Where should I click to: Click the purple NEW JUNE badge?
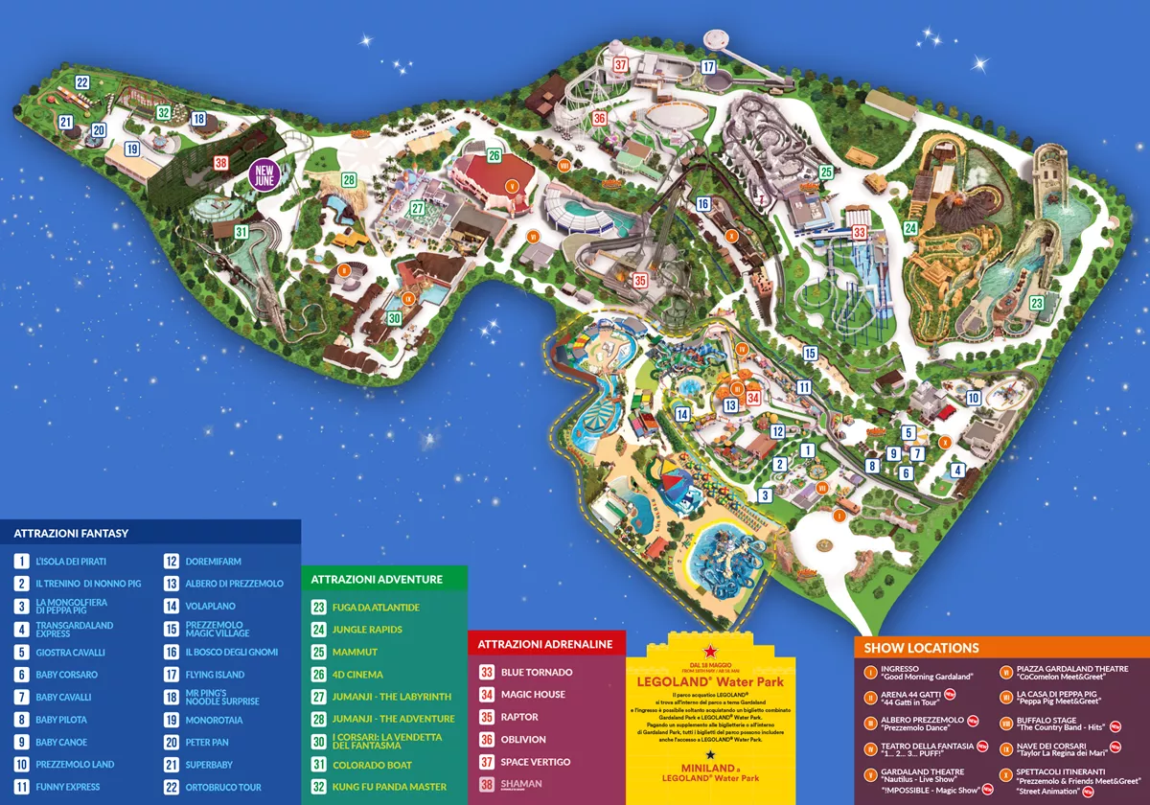coord(265,174)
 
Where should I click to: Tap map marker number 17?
coord(708,67)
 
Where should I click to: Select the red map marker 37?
coord(621,65)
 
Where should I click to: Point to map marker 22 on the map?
coord(82,82)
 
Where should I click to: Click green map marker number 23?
coord(1036,303)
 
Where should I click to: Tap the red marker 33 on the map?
coord(860,232)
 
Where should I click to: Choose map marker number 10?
coord(973,398)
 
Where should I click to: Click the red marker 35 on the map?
coord(640,280)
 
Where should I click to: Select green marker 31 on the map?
coord(241,231)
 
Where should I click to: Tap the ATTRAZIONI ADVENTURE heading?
coord(376,579)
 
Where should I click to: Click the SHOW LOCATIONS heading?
coord(922,648)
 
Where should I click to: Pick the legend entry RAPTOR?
coord(520,717)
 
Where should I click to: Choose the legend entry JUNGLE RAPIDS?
coord(367,630)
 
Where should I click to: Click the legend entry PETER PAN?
coord(208,742)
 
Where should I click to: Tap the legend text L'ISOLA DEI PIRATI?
coord(70,561)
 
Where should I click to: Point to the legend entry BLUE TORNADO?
coord(537,672)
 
